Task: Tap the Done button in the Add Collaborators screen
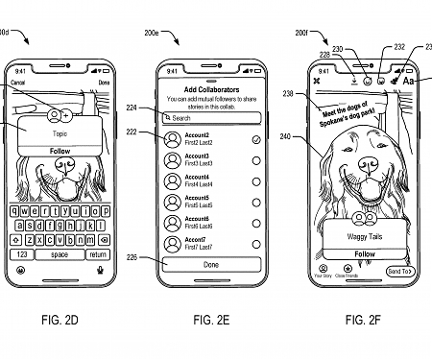pos(210,264)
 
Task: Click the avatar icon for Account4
pos(173,181)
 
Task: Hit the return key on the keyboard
pos(98,254)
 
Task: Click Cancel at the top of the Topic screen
pos(18,84)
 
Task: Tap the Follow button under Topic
pos(60,151)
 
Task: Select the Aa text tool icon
pos(408,82)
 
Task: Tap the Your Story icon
pos(323,269)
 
